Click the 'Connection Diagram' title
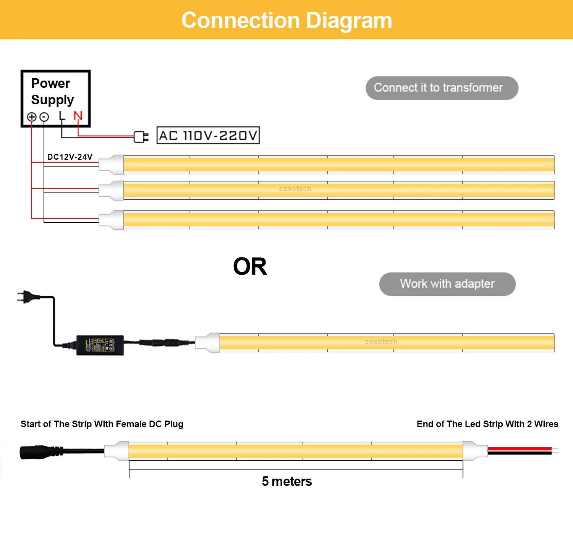tap(286, 20)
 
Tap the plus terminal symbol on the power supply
tap(32, 117)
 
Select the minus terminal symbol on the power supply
tap(44, 117)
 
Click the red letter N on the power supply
tap(78, 116)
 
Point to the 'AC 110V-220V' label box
tap(208, 136)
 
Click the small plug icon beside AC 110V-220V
tap(141, 136)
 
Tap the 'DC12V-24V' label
tap(70, 157)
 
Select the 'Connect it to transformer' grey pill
tap(442, 88)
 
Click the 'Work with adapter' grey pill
tap(447, 284)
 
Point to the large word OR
tap(250, 267)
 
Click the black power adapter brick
tap(100, 345)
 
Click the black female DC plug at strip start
tap(36, 452)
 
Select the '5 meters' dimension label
tap(287, 481)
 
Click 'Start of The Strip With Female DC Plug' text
tap(102, 424)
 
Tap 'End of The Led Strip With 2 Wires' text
tap(487, 424)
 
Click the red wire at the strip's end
tap(520, 449)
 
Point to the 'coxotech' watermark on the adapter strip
tap(381, 342)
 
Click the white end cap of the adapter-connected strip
tap(208, 342)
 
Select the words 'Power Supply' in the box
tap(52, 91)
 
